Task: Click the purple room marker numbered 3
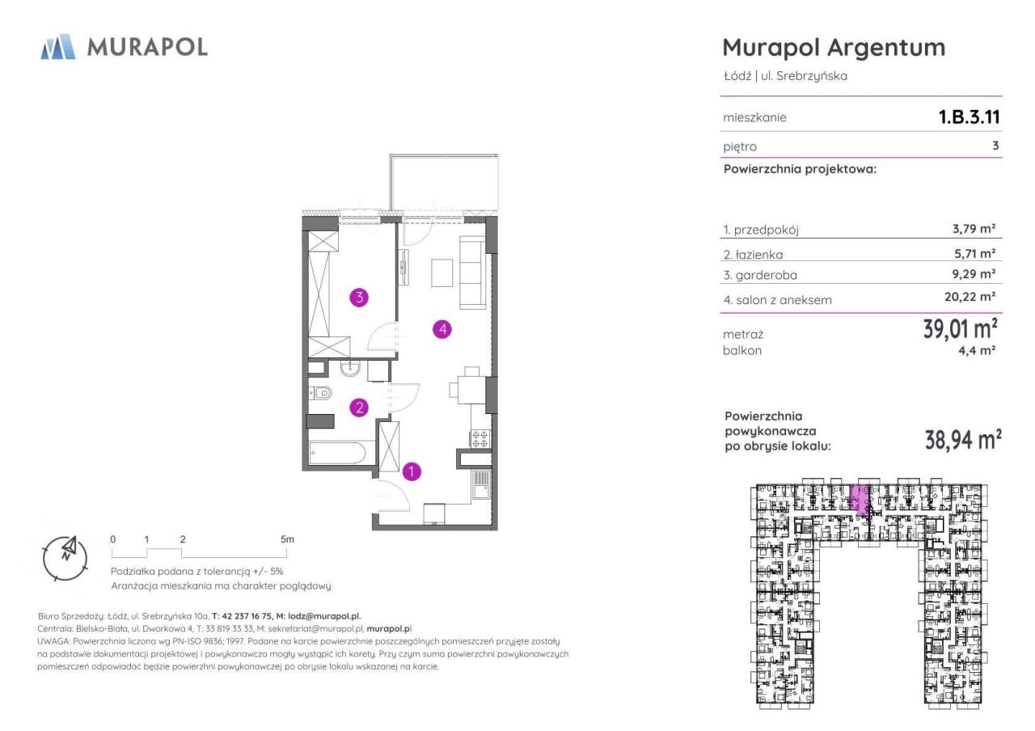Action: pyautogui.click(x=359, y=298)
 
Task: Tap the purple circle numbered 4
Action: pyautogui.click(x=442, y=329)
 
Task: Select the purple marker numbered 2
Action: pyautogui.click(x=359, y=408)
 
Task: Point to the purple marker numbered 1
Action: pyautogui.click(x=412, y=471)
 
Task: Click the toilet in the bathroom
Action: pyautogui.click(x=320, y=393)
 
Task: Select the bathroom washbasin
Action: pyautogui.click(x=351, y=369)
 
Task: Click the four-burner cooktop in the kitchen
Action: pyautogui.click(x=480, y=439)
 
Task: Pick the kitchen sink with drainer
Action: pyautogui.click(x=481, y=485)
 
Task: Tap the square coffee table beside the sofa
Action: pyautogui.click(x=442, y=273)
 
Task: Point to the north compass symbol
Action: pyautogui.click(x=65, y=558)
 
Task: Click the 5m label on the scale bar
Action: pyautogui.click(x=287, y=539)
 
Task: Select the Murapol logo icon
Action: pyautogui.click(x=58, y=47)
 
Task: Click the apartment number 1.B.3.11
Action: pyautogui.click(x=970, y=117)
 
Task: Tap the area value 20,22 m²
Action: pyautogui.click(x=970, y=297)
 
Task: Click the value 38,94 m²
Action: pyautogui.click(x=963, y=439)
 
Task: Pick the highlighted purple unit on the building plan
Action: pyautogui.click(x=860, y=500)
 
